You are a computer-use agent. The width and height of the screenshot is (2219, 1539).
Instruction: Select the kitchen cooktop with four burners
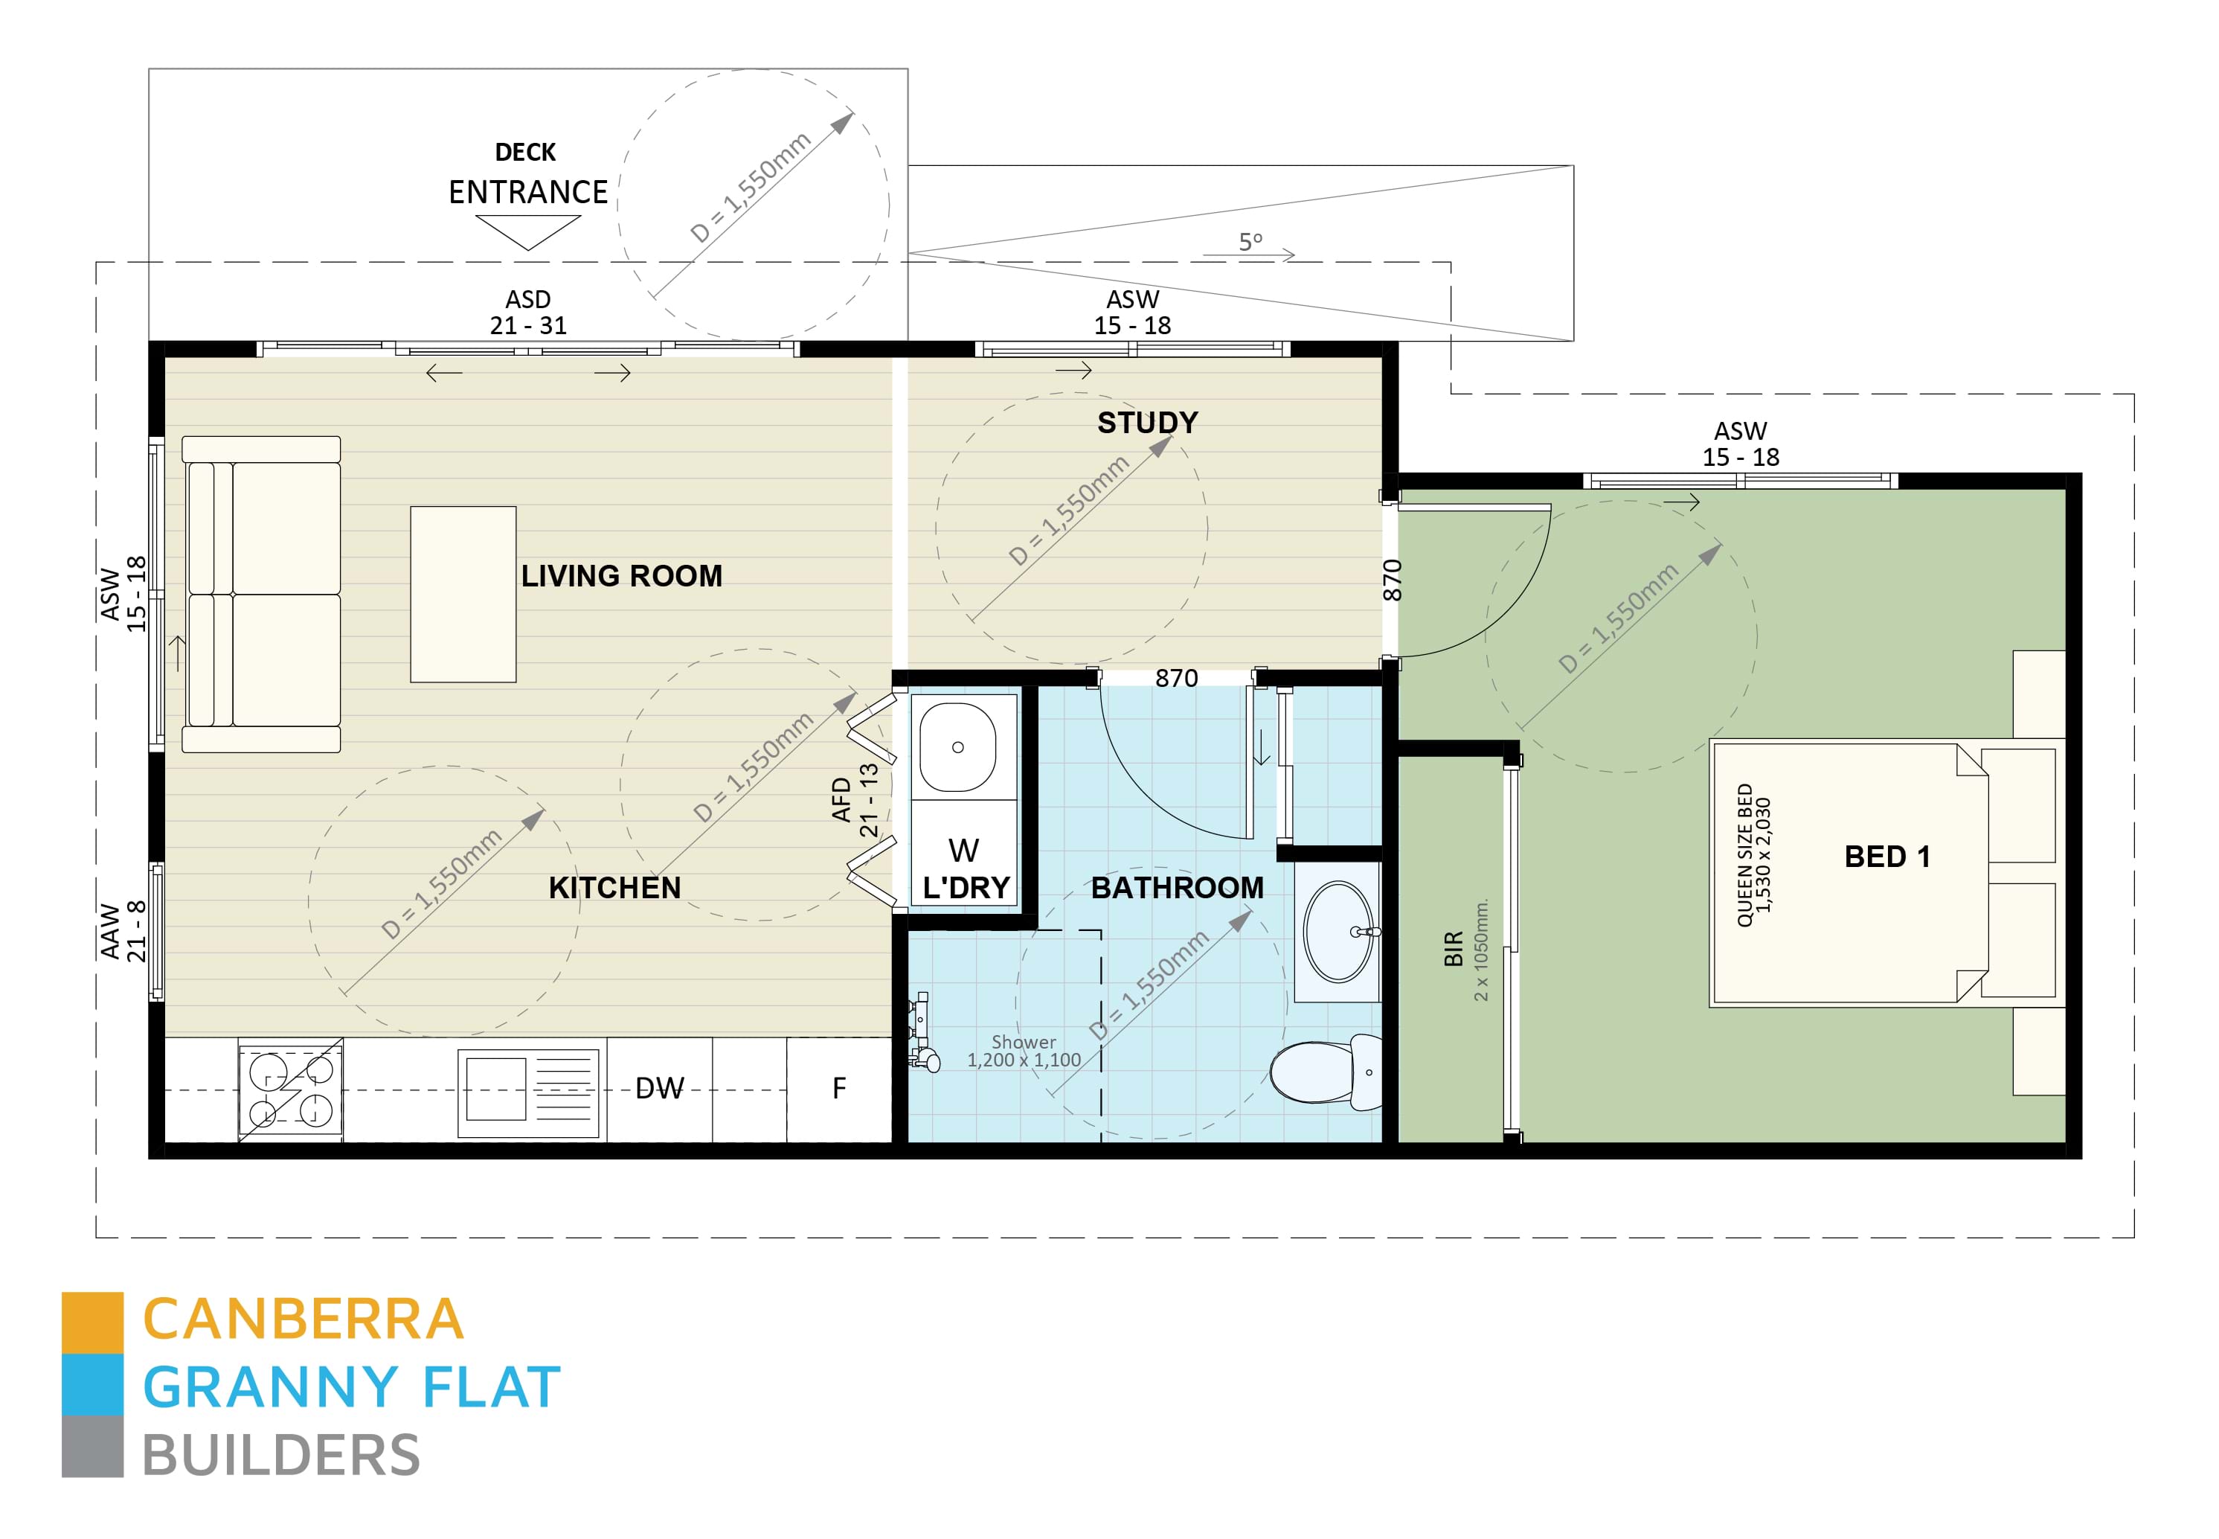[291, 1090]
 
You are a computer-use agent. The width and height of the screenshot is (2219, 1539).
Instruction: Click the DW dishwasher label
[659, 1089]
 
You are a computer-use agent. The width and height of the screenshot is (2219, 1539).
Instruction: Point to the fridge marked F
[838, 1089]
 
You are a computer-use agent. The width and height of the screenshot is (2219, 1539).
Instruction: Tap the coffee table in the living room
[463, 594]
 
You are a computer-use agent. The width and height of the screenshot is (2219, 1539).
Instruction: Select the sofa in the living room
[261, 594]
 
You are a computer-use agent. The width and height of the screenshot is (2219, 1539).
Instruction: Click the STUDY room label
[1147, 423]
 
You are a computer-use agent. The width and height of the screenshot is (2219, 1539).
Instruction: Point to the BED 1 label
[1886, 857]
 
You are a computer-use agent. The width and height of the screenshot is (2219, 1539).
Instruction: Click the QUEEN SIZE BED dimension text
[1753, 855]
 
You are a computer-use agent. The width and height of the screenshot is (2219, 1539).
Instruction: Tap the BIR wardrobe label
[1454, 948]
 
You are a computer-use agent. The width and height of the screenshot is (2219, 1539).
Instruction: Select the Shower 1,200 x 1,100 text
[1024, 1051]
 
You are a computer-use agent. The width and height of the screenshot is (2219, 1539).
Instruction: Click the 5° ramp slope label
[1250, 241]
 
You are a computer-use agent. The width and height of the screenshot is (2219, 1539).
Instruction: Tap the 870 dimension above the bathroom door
[1176, 678]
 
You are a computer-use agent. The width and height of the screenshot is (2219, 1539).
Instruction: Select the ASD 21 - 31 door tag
[527, 313]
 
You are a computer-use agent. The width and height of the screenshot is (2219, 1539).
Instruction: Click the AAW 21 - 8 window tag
[123, 932]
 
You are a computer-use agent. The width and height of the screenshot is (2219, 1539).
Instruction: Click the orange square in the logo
[92, 1322]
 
